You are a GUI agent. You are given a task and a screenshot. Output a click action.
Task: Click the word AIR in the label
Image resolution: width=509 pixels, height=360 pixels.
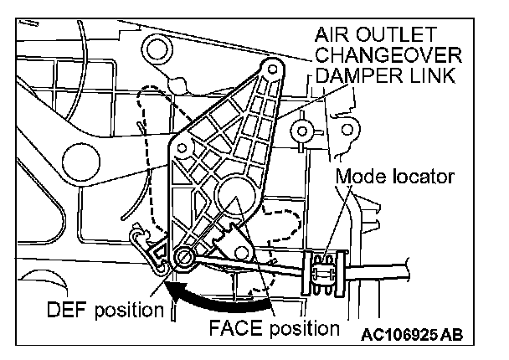coord(332,36)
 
